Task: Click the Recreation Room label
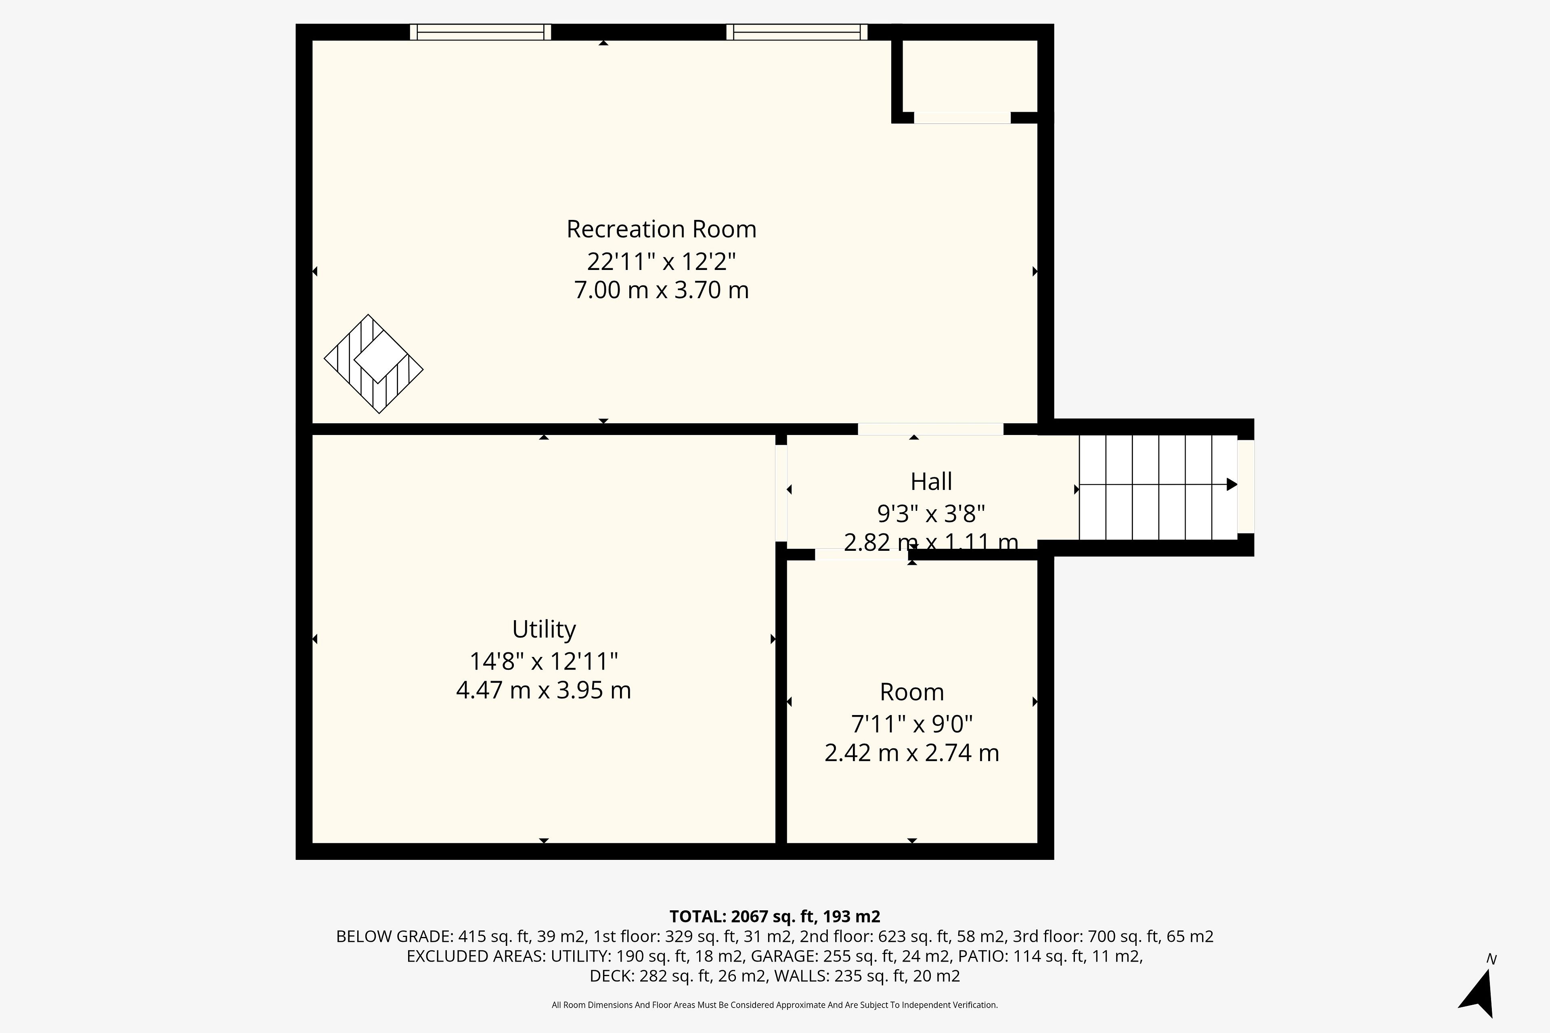coord(661,229)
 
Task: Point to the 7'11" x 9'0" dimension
coord(912,724)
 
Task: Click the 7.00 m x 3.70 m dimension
coord(661,290)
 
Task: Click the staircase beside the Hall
coord(1158,487)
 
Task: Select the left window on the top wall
coord(480,31)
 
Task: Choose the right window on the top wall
coord(797,31)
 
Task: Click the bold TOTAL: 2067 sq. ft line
coord(775,916)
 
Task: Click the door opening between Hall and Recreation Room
coord(930,429)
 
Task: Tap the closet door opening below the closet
coord(962,118)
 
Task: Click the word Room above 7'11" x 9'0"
coord(912,692)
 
